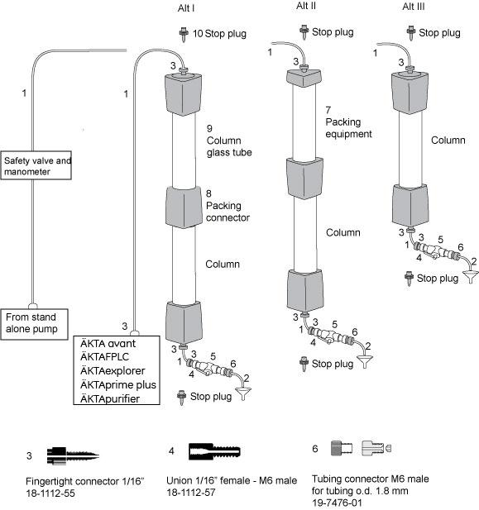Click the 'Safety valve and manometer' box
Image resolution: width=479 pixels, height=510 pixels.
click(x=36, y=165)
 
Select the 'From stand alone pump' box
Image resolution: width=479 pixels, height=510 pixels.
click(x=34, y=324)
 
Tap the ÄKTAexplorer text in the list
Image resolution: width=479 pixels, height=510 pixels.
click(x=113, y=371)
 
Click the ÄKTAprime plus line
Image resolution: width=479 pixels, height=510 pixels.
click(x=118, y=385)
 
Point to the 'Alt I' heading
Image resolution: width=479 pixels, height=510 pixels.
click(x=186, y=8)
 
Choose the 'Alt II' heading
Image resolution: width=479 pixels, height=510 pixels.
click(x=306, y=6)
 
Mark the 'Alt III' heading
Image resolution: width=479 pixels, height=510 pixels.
click(x=414, y=7)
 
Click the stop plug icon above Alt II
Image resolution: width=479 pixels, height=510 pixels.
click(x=304, y=32)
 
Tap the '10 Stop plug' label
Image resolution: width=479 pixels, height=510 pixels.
click(x=219, y=34)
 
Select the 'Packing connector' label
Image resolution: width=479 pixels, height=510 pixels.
click(x=228, y=212)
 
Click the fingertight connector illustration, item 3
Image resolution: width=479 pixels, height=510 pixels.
click(x=73, y=456)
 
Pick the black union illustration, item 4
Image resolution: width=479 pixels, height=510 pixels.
click(x=214, y=451)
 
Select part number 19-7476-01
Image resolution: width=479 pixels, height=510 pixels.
click(x=337, y=503)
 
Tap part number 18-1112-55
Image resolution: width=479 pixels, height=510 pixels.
click(x=50, y=493)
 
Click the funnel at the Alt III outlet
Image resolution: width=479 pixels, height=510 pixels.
click(x=471, y=276)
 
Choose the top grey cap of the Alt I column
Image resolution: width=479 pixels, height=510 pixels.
click(x=183, y=93)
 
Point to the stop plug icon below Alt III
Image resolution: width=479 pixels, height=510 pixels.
click(x=409, y=278)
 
